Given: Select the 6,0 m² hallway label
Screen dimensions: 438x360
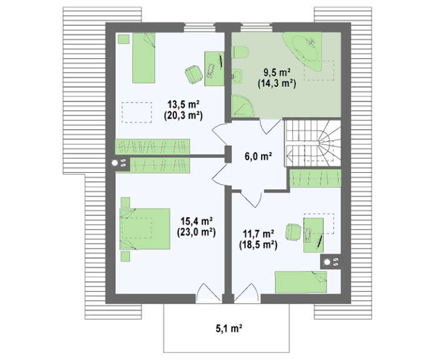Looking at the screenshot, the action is (258, 156).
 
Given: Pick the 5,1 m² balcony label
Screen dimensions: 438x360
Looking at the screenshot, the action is (228, 328).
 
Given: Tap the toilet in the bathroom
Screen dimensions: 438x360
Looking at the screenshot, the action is (240, 53).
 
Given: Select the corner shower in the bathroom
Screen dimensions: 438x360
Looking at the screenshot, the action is (242, 106).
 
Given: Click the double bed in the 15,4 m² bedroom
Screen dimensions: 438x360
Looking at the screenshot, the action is (145, 229).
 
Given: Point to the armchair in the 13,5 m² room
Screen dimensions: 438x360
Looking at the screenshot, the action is (193, 74).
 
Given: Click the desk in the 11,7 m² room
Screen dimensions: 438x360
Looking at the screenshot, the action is (313, 235).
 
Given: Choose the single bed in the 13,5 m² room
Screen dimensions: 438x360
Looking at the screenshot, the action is (143, 58).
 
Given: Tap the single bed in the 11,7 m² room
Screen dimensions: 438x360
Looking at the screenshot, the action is (301, 282).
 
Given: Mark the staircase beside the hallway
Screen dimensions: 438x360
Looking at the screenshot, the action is (313, 143).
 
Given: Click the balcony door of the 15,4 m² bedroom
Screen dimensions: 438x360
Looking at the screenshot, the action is (209, 294).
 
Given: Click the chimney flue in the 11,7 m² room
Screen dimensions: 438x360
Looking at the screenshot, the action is (331, 262).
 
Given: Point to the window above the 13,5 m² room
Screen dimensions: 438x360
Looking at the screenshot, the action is (200, 28).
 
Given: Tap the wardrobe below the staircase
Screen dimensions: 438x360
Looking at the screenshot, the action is (315, 178).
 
